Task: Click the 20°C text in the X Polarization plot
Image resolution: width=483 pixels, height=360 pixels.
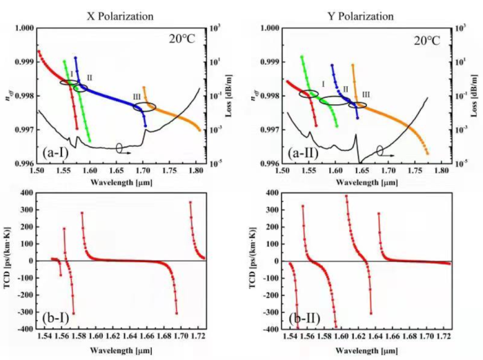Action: click(183, 39)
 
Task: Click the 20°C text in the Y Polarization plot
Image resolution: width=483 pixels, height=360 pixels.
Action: click(428, 39)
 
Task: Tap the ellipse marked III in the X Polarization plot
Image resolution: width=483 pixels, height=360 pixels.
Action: click(144, 106)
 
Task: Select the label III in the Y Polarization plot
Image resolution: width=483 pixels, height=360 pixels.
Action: click(366, 94)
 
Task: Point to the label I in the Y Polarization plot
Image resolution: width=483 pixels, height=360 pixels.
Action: click(323, 83)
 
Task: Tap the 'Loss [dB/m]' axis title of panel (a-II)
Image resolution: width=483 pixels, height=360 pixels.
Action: click(476, 96)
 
